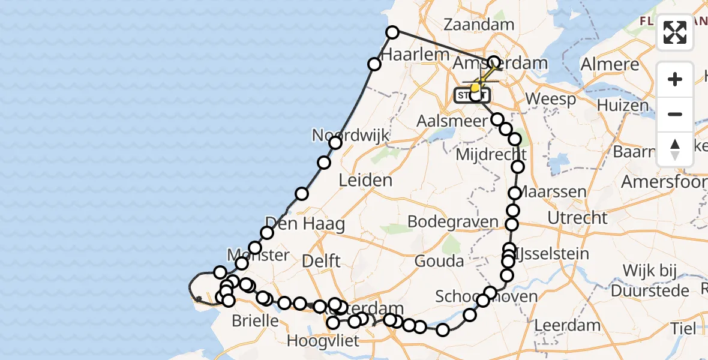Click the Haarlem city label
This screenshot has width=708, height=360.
[415, 54]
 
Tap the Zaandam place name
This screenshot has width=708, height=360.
[479, 25]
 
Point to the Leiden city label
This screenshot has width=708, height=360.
[365, 180]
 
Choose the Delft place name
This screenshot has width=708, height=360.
[322, 261]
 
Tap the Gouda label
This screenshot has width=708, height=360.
[439, 261]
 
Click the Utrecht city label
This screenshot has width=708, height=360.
[577, 217]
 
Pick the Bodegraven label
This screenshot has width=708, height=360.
[453, 222]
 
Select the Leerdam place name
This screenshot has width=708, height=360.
[567, 326]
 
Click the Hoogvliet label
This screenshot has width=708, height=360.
[323, 341]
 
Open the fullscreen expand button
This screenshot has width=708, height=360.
[675, 32]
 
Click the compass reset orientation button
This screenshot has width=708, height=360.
[675, 149]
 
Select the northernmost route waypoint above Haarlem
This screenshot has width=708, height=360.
[392, 32]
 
